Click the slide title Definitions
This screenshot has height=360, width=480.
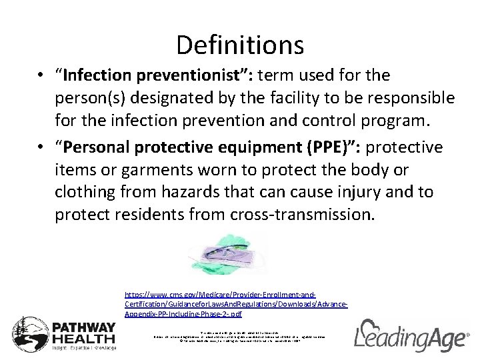[240, 45]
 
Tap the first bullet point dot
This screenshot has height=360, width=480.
[41, 76]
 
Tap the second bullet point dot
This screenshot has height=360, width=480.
[41, 147]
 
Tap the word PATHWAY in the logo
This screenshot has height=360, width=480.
[84, 327]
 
